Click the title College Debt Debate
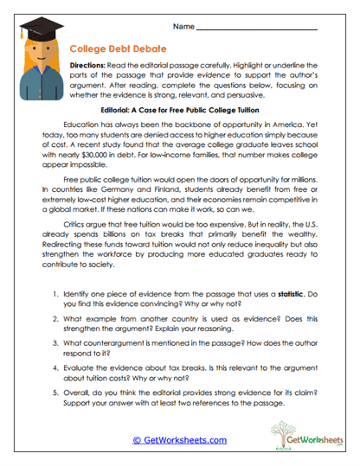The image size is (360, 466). [x=111, y=50]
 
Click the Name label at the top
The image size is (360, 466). [x=183, y=28]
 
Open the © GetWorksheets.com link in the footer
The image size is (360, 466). [x=179, y=440]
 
